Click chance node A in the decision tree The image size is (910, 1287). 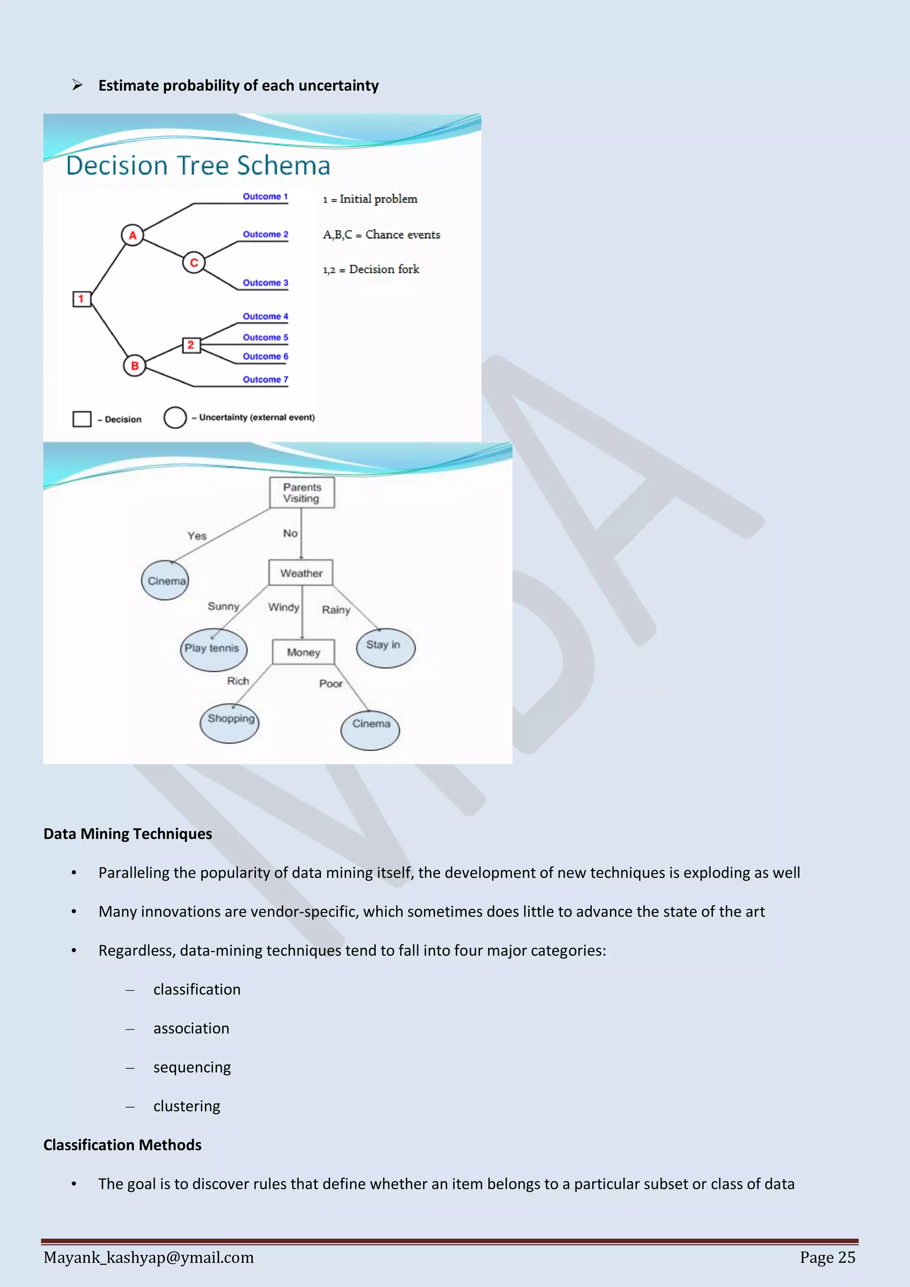tap(132, 235)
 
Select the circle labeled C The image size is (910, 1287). tap(194, 263)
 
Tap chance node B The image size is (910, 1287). tap(135, 366)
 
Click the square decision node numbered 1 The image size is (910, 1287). tap(81, 299)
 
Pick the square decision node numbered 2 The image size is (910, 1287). tap(191, 345)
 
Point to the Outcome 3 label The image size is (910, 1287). tap(265, 283)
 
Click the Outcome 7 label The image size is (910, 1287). tap(265, 379)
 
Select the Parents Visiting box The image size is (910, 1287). tap(302, 493)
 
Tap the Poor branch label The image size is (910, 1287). tap(331, 683)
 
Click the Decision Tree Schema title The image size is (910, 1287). tap(198, 166)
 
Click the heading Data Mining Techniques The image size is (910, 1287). tap(128, 833)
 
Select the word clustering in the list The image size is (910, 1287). tap(187, 1106)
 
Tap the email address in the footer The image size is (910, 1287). tap(148, 1257)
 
